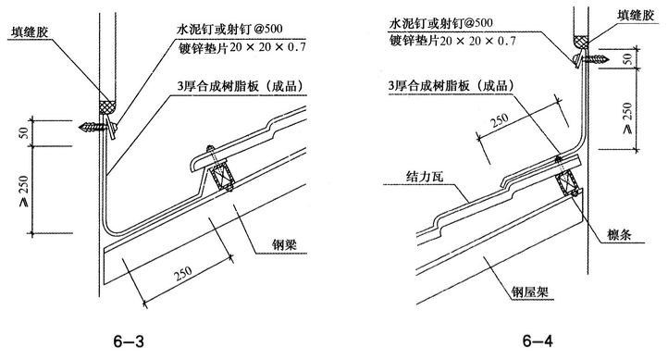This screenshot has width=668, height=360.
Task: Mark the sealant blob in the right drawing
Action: [583, 40]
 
